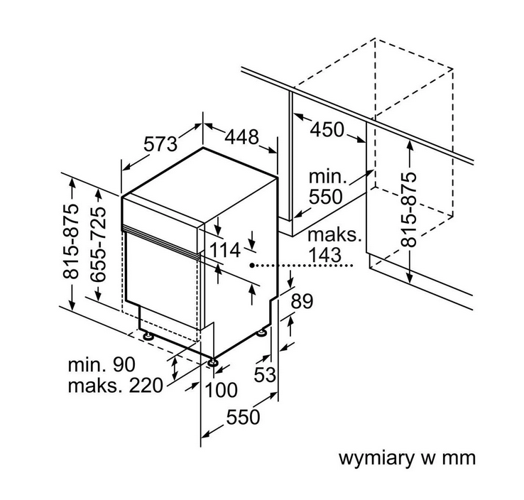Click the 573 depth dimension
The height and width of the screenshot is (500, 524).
[x=160, y=144]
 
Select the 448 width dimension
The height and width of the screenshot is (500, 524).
[x=241, y=136]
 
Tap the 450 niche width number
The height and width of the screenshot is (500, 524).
[x=327, y=130]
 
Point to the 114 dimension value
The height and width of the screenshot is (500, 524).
[x=225, y=250]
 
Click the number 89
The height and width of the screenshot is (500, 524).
[x=302, y=301]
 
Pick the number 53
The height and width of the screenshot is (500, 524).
[x=265, y=374]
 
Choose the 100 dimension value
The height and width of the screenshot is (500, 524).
[x=221, y=390]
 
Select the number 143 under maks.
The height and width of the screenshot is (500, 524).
[x=324, y=256]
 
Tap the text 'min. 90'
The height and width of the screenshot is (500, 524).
[x=102, y=364]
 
